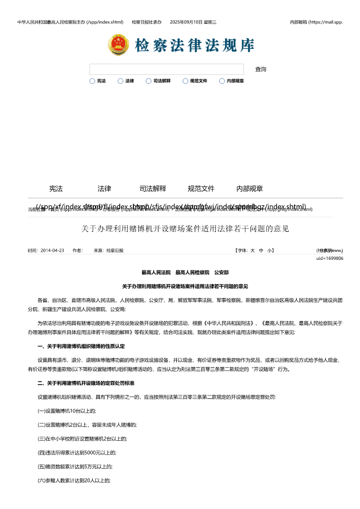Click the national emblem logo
tap(118, 45)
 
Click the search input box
tap(167, 69)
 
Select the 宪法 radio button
tap(92, 81)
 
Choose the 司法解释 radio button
tap(149, 81)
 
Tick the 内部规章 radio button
tap(222, 81)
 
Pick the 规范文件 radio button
tap(185, 81)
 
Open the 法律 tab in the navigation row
tap(104, 189)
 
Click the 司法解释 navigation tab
tap(153, 189)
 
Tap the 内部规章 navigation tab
tap(250, 189)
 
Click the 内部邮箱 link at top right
tap(316, 22)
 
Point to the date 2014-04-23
tap(52, 251)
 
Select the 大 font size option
tap(253, 251)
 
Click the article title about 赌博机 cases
tap(185, 229)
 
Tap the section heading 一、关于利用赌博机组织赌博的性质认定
tap(81, 346)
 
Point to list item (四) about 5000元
tap(77, 452)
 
